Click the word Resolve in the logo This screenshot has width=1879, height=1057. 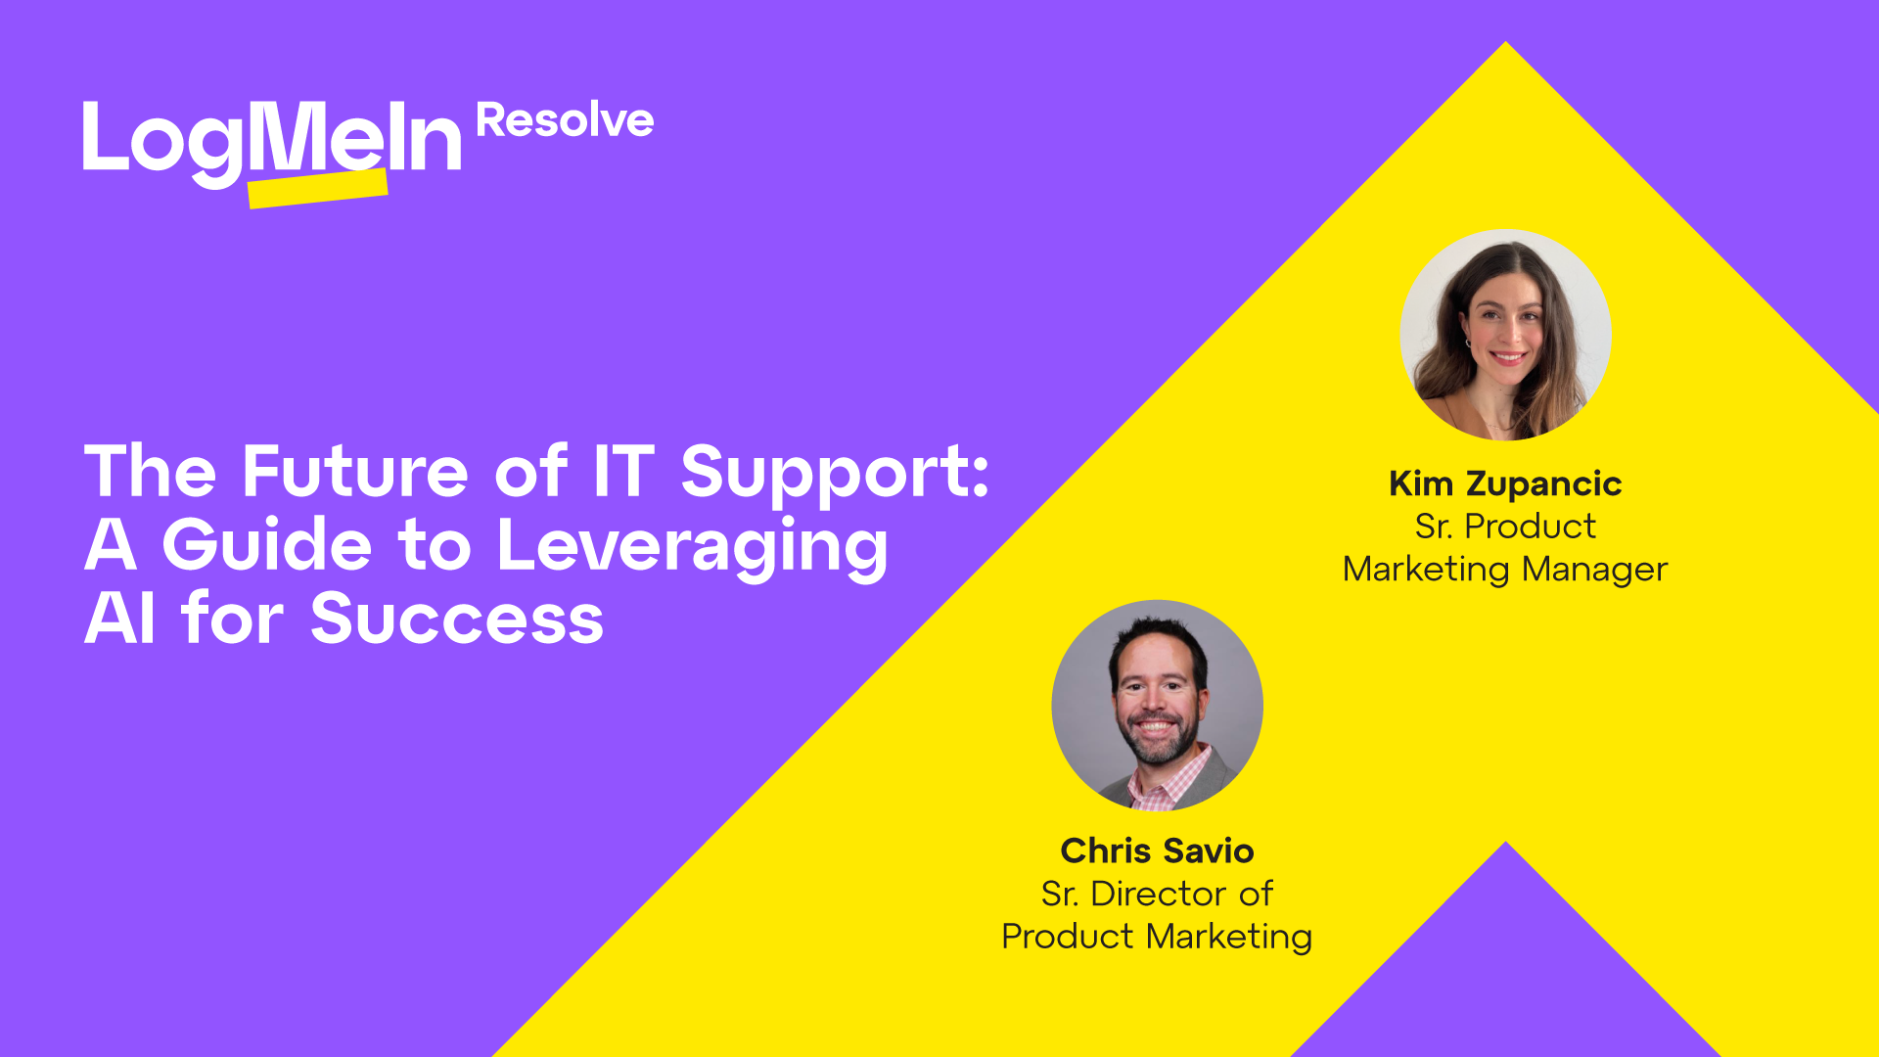pos(565,121)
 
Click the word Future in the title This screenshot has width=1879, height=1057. pos(355,472)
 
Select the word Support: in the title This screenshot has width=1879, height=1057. pos(835,474)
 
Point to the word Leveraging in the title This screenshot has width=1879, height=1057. pos(693,546)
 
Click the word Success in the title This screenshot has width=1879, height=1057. pos(457,619)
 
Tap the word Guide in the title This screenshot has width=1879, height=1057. pos(267,545)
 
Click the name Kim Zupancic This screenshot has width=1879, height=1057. pos(1505,483)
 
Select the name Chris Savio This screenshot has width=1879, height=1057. pos(1157,850)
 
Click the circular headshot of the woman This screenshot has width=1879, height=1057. pos(1505,335)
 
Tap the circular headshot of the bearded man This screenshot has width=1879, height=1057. pos(1157,705)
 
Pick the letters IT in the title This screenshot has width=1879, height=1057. pos(623,472)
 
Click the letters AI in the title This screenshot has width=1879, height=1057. pos(119,619)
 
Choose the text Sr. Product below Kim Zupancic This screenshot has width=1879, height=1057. pos(1505,527)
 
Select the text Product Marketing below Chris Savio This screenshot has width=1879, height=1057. pos(1157,937)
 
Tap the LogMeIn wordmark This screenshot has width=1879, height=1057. pos(272,142)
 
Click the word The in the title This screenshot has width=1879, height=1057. pos(150,472)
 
